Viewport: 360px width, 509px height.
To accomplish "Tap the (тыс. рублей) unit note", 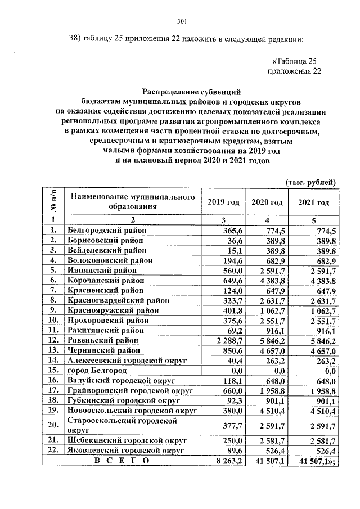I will (x=311, y=182).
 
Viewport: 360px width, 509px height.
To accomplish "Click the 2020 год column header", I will (x=267, y=202).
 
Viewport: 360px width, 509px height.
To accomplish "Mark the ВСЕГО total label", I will (x=121, y=461).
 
